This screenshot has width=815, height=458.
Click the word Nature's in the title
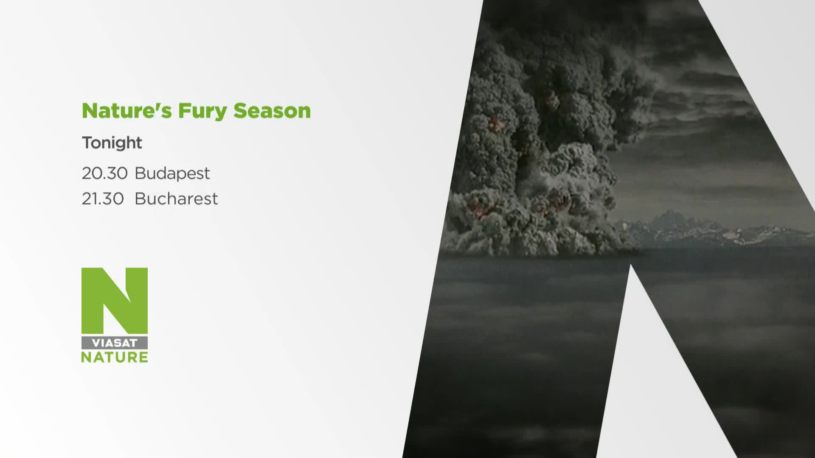click(127, 111)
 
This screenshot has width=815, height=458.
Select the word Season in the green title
click(272, 111)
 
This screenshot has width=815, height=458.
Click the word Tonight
click(112, 143)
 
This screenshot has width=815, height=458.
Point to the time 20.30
click(104, 173)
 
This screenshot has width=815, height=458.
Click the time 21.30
click(103, 198)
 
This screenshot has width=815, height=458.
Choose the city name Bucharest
click(176, 198)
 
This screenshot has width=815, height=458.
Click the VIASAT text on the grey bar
click(115, 343)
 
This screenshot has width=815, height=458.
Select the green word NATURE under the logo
click(115, 357)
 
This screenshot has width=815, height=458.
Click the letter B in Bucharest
click(141, 198)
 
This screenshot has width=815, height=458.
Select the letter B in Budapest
click(141, 173)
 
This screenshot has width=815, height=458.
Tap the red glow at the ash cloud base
click(556, 199)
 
